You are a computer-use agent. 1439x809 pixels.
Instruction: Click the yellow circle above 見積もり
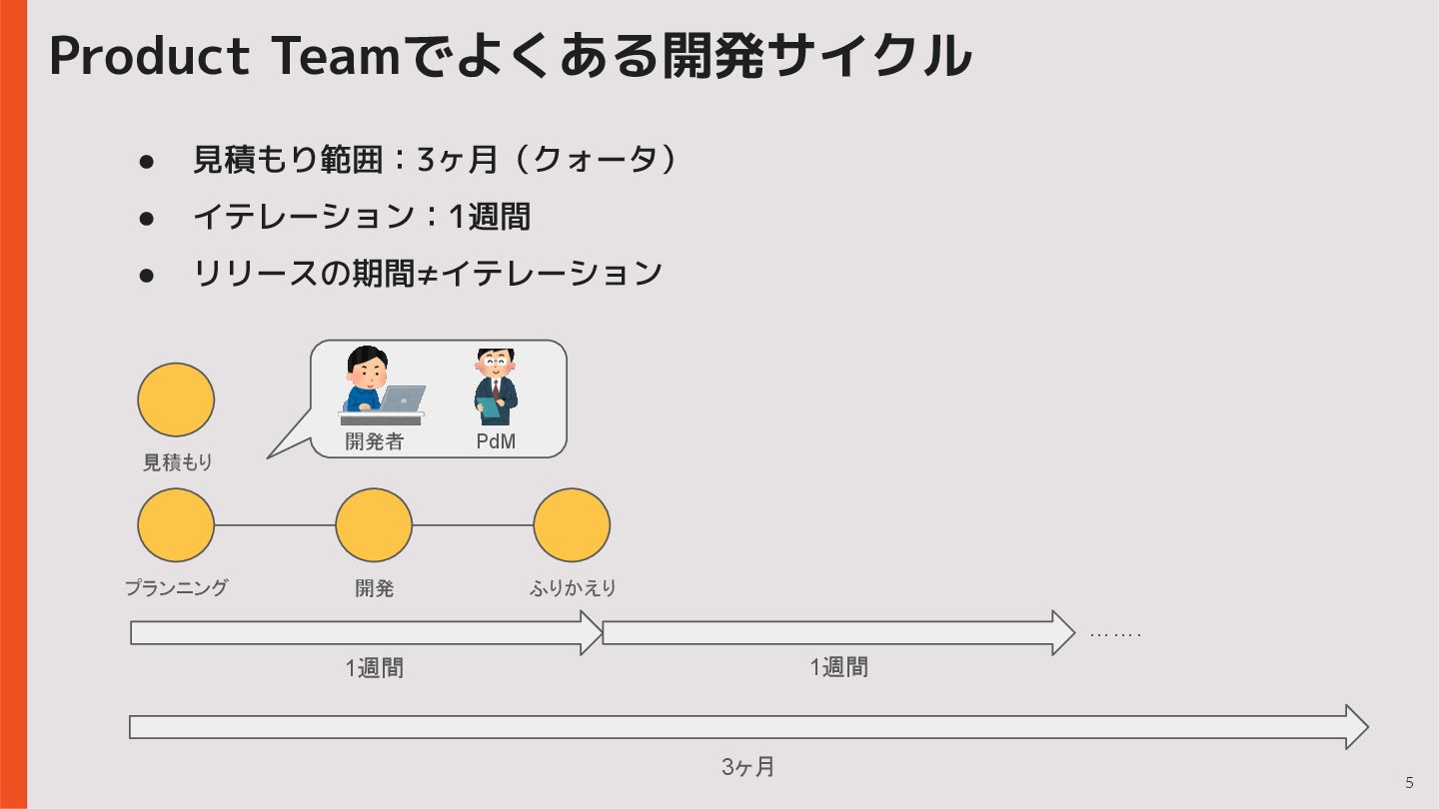click(176, 400)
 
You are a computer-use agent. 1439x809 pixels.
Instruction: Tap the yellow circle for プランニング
click(176, 525)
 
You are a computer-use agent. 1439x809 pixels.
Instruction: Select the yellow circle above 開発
click(374, 525)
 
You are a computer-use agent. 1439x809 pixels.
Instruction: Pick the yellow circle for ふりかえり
click(572, 525)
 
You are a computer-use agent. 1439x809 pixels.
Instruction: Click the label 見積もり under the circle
click(178, 462)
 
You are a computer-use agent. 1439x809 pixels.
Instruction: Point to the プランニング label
click(176, 588)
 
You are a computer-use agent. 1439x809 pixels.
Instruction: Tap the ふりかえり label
click(573, 588)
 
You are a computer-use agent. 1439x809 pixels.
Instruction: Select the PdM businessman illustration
click(496, 387)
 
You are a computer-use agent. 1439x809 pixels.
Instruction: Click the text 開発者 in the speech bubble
click(374, 441)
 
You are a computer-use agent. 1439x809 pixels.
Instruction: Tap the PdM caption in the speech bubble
click(496, 441)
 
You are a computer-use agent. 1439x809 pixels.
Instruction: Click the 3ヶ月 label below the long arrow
click(748, 767)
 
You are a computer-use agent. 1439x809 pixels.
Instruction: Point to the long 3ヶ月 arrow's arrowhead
click(1356, 727)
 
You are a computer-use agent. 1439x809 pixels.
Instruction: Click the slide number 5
click(1409, 783)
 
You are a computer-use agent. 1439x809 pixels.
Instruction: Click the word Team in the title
click(336, 56)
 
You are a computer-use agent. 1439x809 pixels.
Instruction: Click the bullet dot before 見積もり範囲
click(146, 161)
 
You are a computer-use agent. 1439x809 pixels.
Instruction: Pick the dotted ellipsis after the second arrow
click(1114, 634)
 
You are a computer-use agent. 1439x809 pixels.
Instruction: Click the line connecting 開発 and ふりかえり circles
click(473, 525)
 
